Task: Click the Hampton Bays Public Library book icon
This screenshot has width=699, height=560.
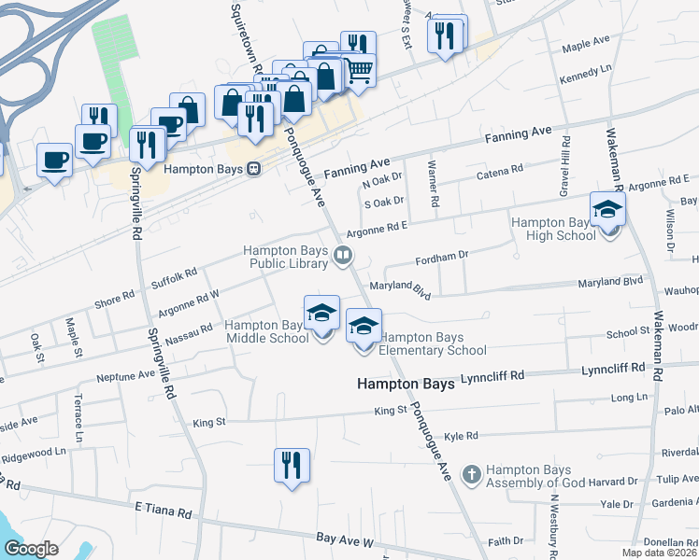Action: (344, 255)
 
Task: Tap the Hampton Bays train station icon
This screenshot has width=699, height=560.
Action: (252, 170)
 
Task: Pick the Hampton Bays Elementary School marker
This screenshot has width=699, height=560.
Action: (364, 327)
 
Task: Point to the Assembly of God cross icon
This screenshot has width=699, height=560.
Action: (471, 475)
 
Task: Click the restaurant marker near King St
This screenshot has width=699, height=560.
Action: (291, 464)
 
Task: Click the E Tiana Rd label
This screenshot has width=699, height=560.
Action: (163, 512)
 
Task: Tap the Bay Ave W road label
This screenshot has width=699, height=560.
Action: (345, 540)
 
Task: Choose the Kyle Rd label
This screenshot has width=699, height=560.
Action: (461, 436)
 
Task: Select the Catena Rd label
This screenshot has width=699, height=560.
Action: (500, 172)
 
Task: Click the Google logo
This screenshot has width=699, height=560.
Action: (32, 548)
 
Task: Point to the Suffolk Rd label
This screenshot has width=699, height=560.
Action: (175, 277)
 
